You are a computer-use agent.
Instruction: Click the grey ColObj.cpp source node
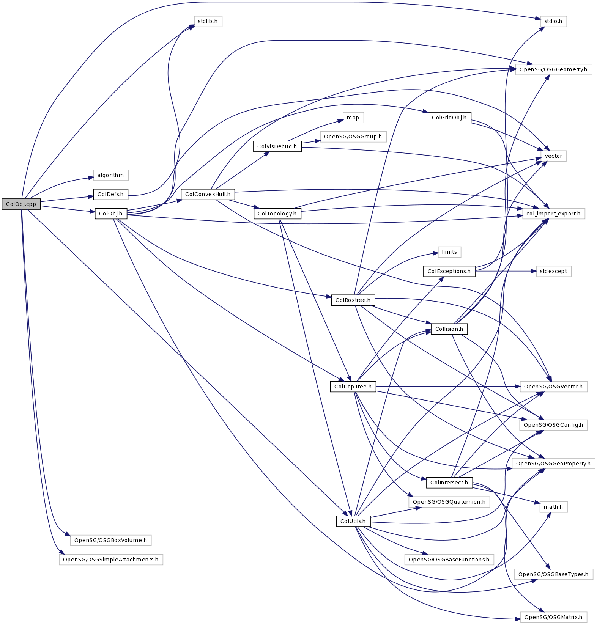pyautogui.click(x=21, y=204)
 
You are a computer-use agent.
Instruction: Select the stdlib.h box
pyautogui.click(x=208, y=21)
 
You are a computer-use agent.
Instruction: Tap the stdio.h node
pyautogui.click(x=553, y=21)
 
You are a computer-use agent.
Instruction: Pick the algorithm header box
pyautogui.click(x=110, y=175)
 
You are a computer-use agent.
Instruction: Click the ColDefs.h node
pyautogui.click(x=110, y=194)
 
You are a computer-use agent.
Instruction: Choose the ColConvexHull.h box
pyautogui.click(x=208, y=194)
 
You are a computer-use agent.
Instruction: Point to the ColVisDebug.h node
pyautogui.click(x=277, y=146)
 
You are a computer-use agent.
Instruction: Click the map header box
pyautogui.click(x=353, y=118)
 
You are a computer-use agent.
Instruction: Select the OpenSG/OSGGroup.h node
pyautogui.click(x=353, y=137)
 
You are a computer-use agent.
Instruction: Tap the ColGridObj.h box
pyautogui.click(x=449, y=118)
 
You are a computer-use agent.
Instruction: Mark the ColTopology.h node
pyautogui.click(x=277, y=214)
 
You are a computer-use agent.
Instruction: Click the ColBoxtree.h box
pyautogui.click(x=353, y=300)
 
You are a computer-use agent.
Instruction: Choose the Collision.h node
pyautogui.click(x=449, y=329)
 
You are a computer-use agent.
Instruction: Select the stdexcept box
pyautogui.click(x=553, y=271)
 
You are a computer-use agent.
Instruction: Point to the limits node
pyautogui.click(x=449, y=252)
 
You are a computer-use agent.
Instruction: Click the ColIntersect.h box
pyautogui.click(x=449, y=483)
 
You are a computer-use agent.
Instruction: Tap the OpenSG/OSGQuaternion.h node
pyautogui.click(x=449, y=502)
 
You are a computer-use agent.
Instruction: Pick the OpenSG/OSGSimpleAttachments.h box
pyautogui.click(x=110, y=560)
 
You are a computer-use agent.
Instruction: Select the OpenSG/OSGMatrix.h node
pyautogui.click(x=553, y=617)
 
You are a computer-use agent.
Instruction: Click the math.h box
pyautogui.click(x=553, y=507)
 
